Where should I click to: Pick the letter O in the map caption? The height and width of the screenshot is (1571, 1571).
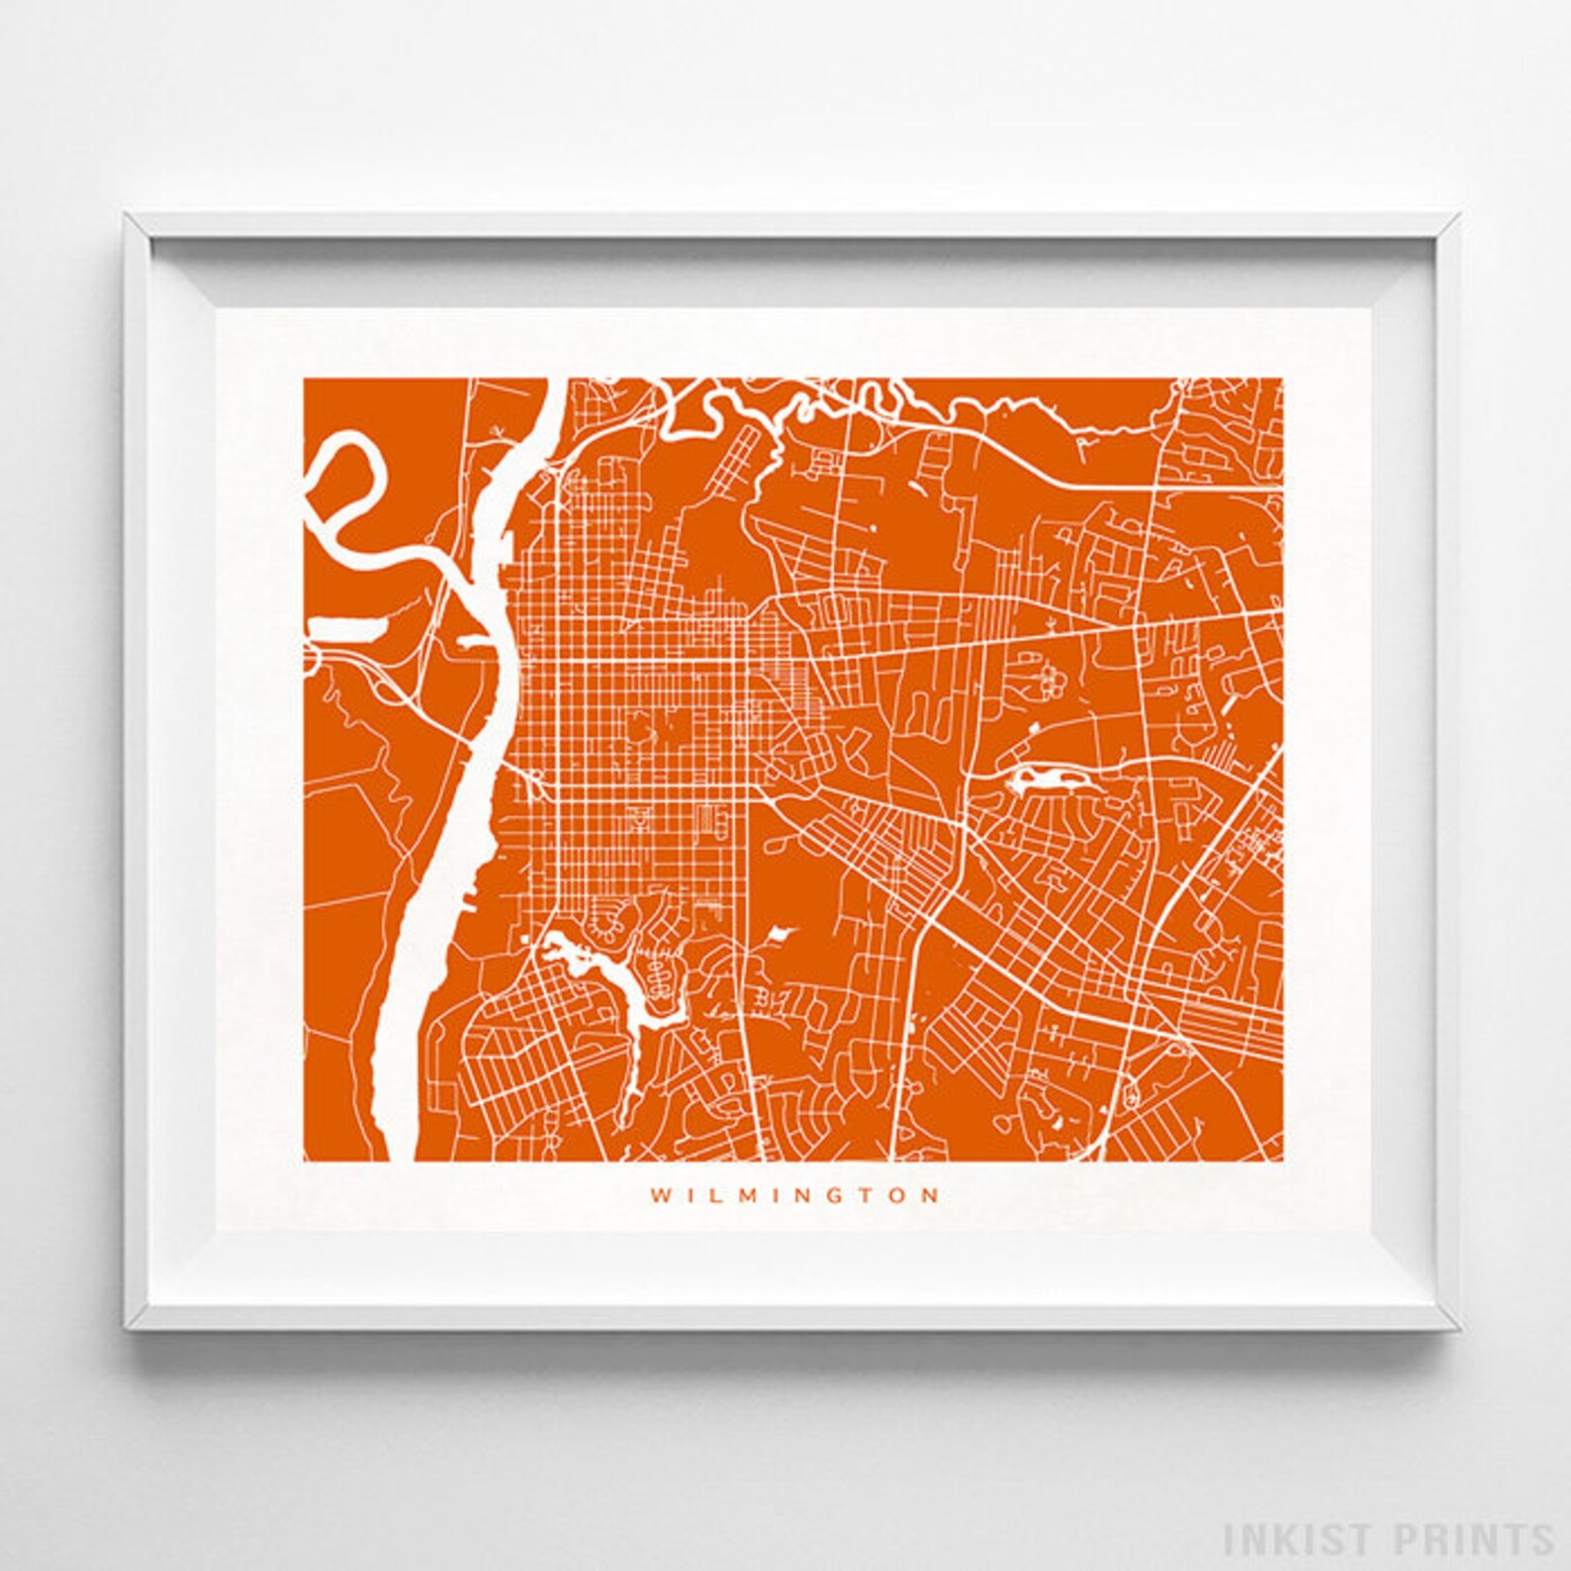[900, 1195]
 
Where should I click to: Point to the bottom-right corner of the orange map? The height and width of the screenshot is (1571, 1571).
[1282, 1160]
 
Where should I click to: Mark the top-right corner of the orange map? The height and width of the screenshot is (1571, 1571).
[1282, 378]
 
